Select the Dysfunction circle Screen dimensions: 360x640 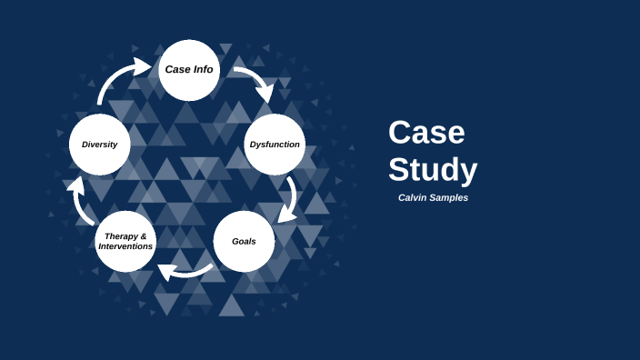[x=275, y=145]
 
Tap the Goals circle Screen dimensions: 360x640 [x=244, y=242]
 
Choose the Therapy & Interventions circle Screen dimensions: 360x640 [x=125, y=242]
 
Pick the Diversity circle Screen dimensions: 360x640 [x=99, y=145]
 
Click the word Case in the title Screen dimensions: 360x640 [x=426, y=133]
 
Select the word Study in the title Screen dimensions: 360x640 [x=433, y=170]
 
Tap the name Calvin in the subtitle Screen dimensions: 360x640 [x=414, y=197]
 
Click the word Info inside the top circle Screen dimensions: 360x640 [x=203, y=69]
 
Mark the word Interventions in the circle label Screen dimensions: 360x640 [x=125, y=246]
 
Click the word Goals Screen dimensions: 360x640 [x=244, y=241]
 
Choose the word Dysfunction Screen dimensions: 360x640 [x=275, y=144]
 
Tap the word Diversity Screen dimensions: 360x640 [x=99, y=144]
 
